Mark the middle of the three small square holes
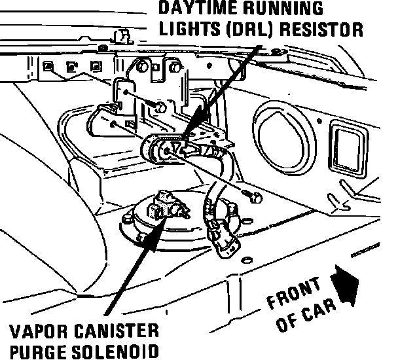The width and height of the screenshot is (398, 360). [73, 67]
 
